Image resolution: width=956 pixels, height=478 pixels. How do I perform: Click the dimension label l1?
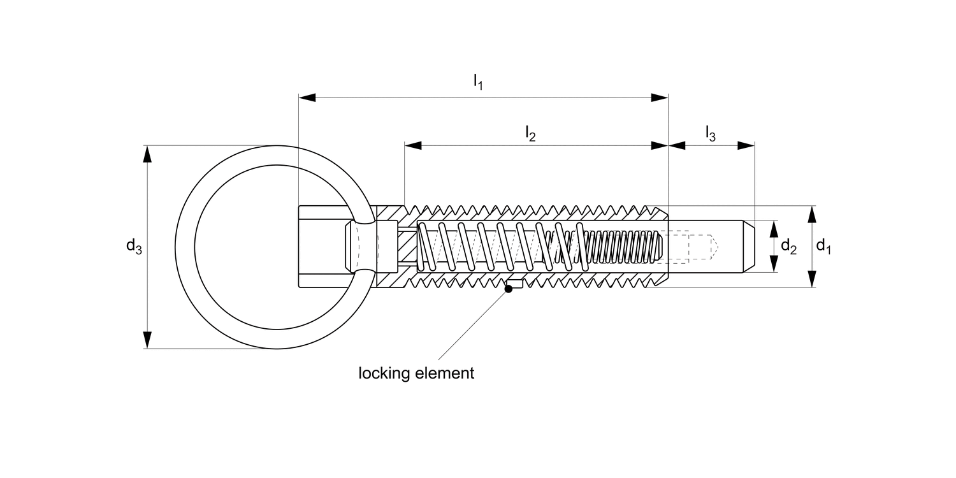478,81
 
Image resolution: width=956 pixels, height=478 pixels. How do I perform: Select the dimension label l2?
530,133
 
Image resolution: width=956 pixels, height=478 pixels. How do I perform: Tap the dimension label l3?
710,133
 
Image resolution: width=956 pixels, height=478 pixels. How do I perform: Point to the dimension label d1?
823,246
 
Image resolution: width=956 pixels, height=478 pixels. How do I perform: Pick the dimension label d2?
788,246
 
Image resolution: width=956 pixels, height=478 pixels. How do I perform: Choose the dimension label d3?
134,247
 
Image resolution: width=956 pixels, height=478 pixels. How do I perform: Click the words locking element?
416,373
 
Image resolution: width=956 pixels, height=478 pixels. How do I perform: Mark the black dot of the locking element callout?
509,289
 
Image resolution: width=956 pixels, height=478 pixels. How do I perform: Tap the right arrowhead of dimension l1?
660,98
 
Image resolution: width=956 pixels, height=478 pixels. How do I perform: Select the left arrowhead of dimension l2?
413,145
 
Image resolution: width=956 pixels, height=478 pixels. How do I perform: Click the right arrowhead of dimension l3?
746,145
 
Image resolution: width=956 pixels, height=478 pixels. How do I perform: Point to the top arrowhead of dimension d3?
148,154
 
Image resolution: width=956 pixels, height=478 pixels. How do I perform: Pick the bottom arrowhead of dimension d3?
148,340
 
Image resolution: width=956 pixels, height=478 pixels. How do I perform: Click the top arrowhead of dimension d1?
811,214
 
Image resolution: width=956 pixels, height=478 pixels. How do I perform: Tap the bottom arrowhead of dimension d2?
774,264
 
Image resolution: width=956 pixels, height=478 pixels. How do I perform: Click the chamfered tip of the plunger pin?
750,247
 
